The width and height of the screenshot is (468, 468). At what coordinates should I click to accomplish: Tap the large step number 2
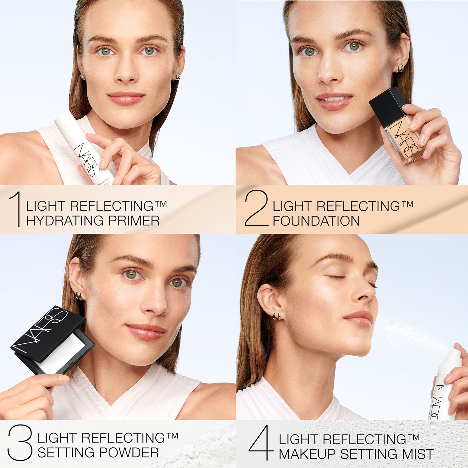256,208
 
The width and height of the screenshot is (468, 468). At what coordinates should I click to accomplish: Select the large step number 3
20,442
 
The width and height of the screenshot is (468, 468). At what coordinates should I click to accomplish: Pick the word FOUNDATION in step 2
316,221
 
